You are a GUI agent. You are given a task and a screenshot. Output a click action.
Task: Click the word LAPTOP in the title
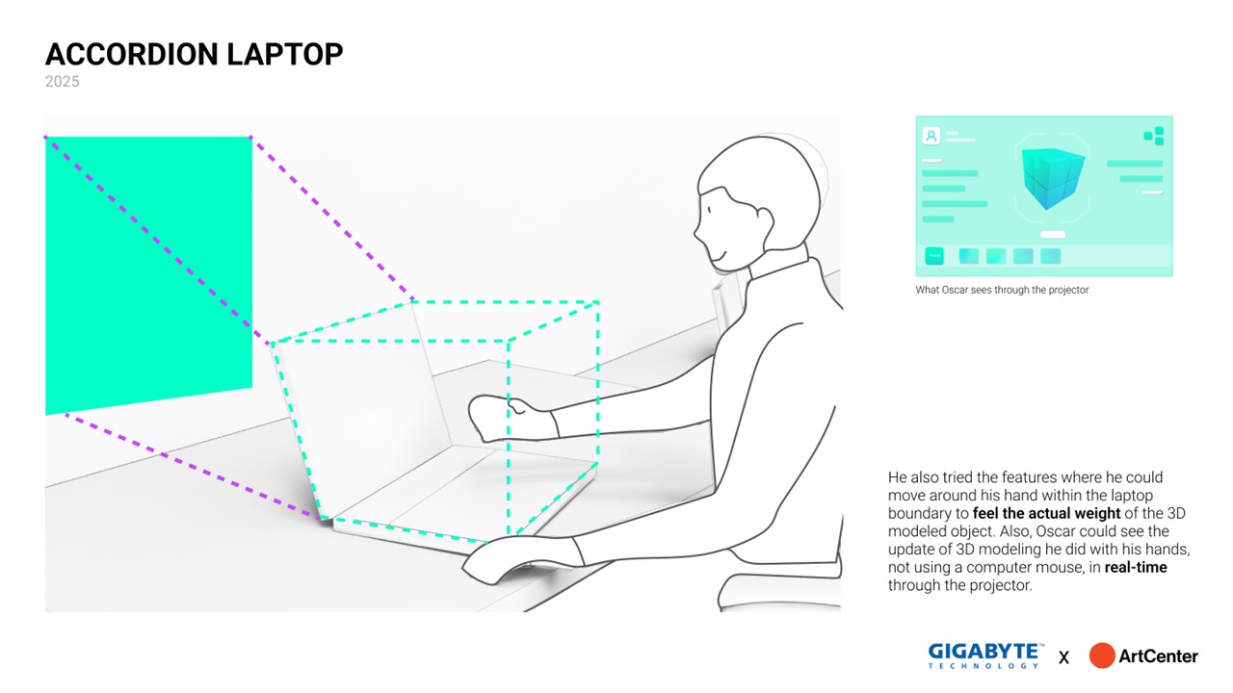click(x=285, y=54)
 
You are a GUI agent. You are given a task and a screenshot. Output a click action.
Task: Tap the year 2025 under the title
click(x=63, y=82)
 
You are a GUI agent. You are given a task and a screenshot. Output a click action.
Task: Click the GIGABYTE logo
click(x=985, y=652)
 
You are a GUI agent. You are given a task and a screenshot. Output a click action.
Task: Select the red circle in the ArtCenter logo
click(x=1102, y=655)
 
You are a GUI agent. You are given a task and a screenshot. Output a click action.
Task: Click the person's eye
click(x=710, y=210)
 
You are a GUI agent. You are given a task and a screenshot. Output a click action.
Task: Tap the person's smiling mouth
click(x=718, y=255)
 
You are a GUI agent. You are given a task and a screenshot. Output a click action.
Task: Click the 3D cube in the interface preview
click(x=1052, y=178)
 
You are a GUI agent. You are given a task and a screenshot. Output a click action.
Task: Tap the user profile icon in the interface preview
click(x=931, y=136)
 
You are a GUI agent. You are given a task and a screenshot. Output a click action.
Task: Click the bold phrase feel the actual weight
click(x=1046, y=513)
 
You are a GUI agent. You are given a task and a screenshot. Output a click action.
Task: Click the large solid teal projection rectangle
click(x=148, y=269)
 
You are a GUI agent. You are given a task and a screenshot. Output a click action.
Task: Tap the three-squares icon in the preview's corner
click(x=1154, y=136)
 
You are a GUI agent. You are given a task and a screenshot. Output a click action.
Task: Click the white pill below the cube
click(x=1053, y=234)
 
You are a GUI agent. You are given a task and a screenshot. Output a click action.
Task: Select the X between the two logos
click(x=1063, y=657)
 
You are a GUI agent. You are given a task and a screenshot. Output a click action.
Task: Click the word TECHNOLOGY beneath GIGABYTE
click(x=984, y=665)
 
